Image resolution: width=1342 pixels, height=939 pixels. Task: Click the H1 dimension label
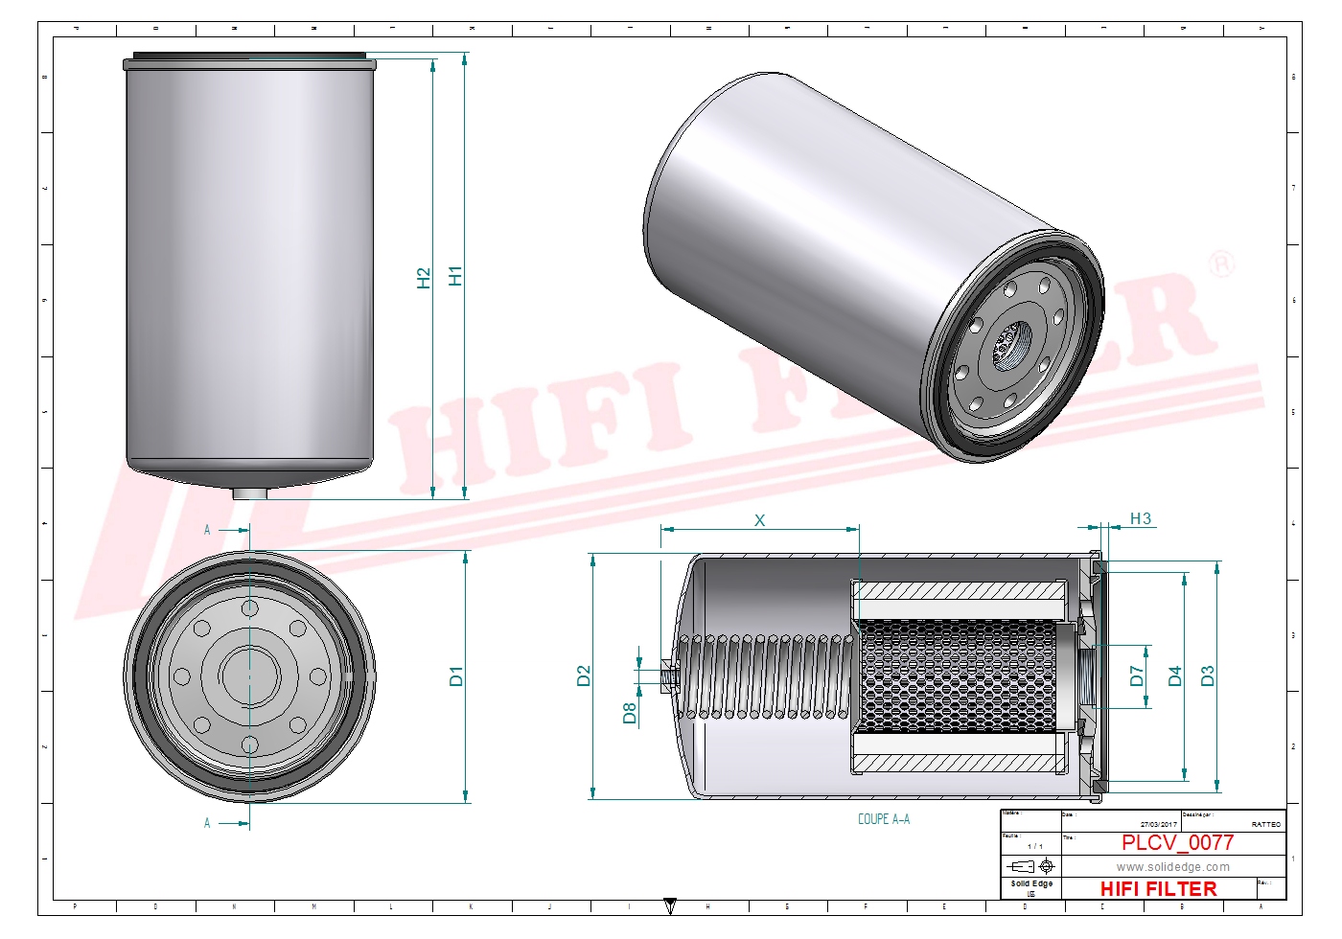click(x=455, y=276)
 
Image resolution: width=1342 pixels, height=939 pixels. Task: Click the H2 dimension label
click(x=424, y=278)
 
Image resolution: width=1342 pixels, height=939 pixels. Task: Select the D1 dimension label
click(x=456, y=676)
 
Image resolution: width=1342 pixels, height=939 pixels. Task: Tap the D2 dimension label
click(x=584, y=676)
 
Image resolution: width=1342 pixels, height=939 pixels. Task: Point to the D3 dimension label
click(x=1208, y=676)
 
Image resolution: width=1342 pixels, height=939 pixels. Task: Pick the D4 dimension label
click(x=1175, y=676)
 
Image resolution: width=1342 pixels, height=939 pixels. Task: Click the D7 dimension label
click(x=1137, y=676)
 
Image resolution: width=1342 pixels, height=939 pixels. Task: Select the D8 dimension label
click(x=630, y=713)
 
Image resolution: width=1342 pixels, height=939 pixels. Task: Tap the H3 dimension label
click(x=1140, y=518)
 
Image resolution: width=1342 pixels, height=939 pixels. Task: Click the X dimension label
click(x=759, y=520)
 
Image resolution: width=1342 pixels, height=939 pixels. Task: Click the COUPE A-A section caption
click(x=884, y=819)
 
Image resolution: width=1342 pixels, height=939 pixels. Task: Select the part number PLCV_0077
click(x=1177, y=842)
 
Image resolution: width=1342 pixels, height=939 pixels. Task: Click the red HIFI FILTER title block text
click(x=1158, y=889)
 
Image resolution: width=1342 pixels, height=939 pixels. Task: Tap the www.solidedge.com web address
click(x=1172, y=867)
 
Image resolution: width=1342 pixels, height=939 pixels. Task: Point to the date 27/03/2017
click(x=1158, y=824)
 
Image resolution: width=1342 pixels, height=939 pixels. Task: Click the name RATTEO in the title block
click(x=1265, y=824)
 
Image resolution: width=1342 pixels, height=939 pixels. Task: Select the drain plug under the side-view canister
click(x=250, y=493)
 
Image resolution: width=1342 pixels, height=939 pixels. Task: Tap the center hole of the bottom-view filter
click(x=249, y=676)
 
